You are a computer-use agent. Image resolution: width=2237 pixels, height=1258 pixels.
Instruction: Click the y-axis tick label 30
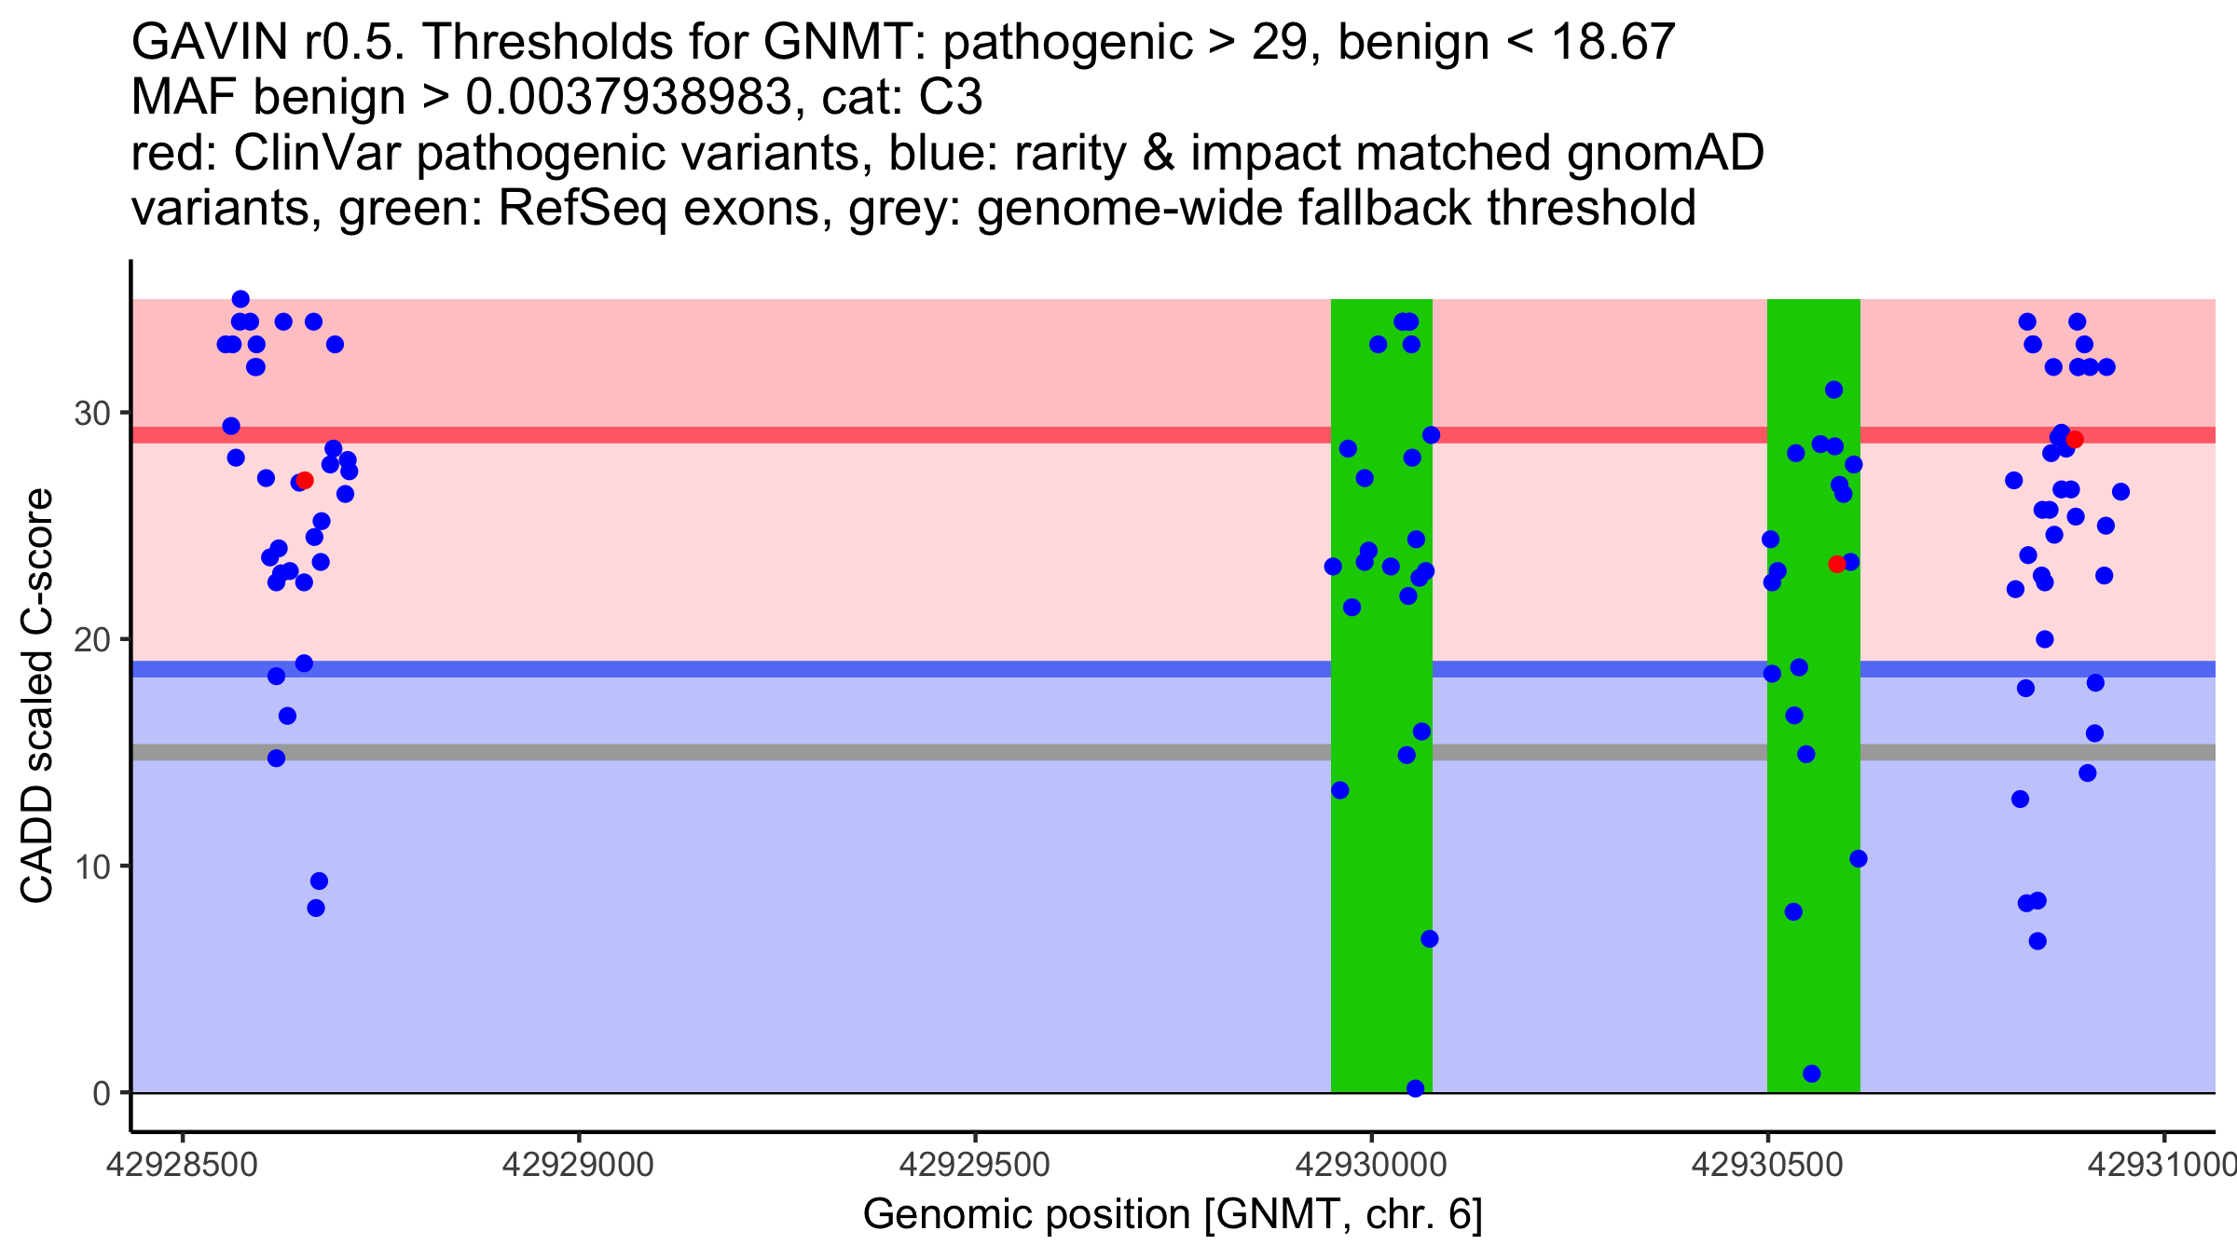pyautogui.click(x=91, y=413)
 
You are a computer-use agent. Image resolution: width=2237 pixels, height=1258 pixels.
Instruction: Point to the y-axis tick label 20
pyautogui.click(x=91, y=640)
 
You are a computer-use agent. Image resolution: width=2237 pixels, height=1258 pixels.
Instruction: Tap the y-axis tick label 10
pyautogui.click(x=91, y=867)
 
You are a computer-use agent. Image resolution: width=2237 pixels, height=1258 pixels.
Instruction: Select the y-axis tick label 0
pyautogui.click(x=102, y=1093)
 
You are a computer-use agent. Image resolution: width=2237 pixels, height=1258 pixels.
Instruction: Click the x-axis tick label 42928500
pyautogui.click(x=182, y=1166)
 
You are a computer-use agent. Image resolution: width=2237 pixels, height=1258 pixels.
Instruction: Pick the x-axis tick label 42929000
pyautogui.click(x=578, y=1166)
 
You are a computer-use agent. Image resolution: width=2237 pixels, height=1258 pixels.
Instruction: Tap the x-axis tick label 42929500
pyautogui.click(x=975, y=1166)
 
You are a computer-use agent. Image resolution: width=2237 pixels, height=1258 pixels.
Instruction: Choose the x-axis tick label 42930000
pyautogui.click(x=1371, y=1166)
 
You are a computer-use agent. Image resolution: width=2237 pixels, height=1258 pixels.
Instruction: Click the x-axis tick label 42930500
pyautogui.click(x=1767, y=1166)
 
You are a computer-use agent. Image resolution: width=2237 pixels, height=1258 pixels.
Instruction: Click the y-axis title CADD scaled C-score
pyautogui.click(x=37, y=697)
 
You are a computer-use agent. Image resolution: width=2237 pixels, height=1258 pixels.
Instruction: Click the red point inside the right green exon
pyautogui.click(x=1837, y=564)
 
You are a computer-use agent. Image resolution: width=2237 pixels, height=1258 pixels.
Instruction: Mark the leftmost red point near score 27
pyautogui.click(x=305, y=480)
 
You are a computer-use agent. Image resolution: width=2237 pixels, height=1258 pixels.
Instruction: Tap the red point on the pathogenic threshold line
pyautogui.click(x=2075, y=439)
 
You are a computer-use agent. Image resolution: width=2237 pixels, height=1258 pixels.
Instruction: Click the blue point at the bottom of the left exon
pyautogui.click(x=1415, y=1088)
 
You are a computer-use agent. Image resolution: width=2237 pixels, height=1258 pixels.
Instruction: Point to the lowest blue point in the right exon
pyautogui.click(x=1812, y=1073)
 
